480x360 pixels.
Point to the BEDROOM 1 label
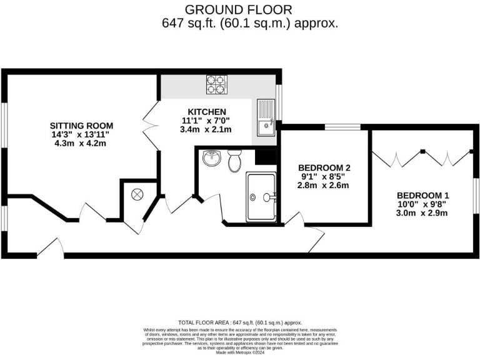pyautogui.click(x=422, y=194)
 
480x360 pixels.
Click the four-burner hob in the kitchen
pyautogui.click(x=217, y=84)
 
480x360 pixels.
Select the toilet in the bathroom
pyautogui.click(x=236, y=161)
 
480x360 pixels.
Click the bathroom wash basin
pyautogui.click(x=211, y=158)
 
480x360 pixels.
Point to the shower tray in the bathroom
pyautogui.click(x=261, y=197)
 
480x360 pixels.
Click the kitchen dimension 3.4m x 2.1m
pyautogui.click(x=206, y=130)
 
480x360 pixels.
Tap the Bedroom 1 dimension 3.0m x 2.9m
pyautogui.click(x=422, y=213)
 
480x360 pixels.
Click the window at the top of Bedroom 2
pyautogui.click(x=342, y=127)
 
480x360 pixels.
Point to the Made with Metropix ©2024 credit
pyautogui.click(x=240, y=353)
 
